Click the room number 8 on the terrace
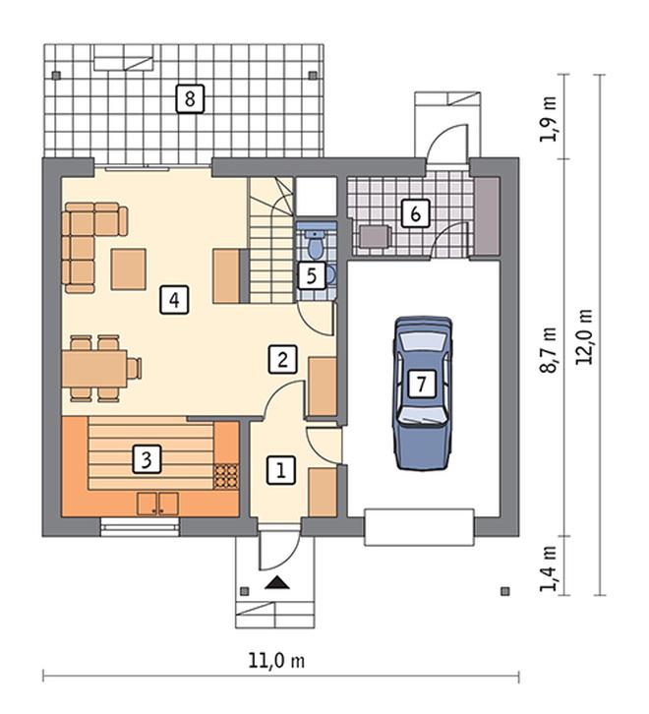coord(190,98)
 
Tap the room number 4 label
coord(174,300)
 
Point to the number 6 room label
coord(415,213)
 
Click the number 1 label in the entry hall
coord(280,470)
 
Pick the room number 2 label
coord(283,359)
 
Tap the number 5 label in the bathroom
coord(312,275)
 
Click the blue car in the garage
coord(423,392)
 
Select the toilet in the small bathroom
coord(315,244)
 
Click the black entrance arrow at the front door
coord(277,583)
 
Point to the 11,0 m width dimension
coord(276,661)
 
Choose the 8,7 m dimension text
coord(549,350)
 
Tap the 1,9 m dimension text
coord(549,119)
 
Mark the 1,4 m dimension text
coord(549,568)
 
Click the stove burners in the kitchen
coord(226,476)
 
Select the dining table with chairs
coord(101,369)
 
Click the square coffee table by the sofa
coord(129,269)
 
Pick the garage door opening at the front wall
coord(419,527)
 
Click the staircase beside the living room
coord(270,240)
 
